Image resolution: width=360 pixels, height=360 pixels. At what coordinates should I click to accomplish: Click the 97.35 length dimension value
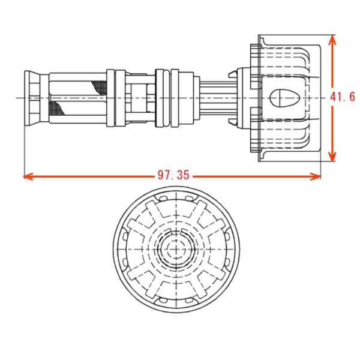[x=173, y=175]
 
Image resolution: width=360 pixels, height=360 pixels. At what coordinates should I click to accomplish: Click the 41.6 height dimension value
[x=343, y=97]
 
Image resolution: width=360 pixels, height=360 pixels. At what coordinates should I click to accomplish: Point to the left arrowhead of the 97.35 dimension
[x=28, y=176]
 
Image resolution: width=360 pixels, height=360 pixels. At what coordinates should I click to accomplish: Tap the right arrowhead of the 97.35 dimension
[x=316, y=176]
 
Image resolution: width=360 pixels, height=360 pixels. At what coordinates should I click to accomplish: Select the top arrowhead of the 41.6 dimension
[x=332, y=40]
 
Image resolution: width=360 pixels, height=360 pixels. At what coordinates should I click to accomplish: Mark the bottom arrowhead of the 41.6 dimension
[x=332, y=157]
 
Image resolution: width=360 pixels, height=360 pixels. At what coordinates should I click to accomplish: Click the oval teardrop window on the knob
[x=284, y=98]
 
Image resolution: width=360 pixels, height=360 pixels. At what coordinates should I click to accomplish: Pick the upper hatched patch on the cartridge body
[x=99, y=88]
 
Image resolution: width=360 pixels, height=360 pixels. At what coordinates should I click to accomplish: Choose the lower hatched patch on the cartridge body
[x=58, y=108]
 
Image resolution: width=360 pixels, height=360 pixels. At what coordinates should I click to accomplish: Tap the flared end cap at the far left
[x=32, y=98]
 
